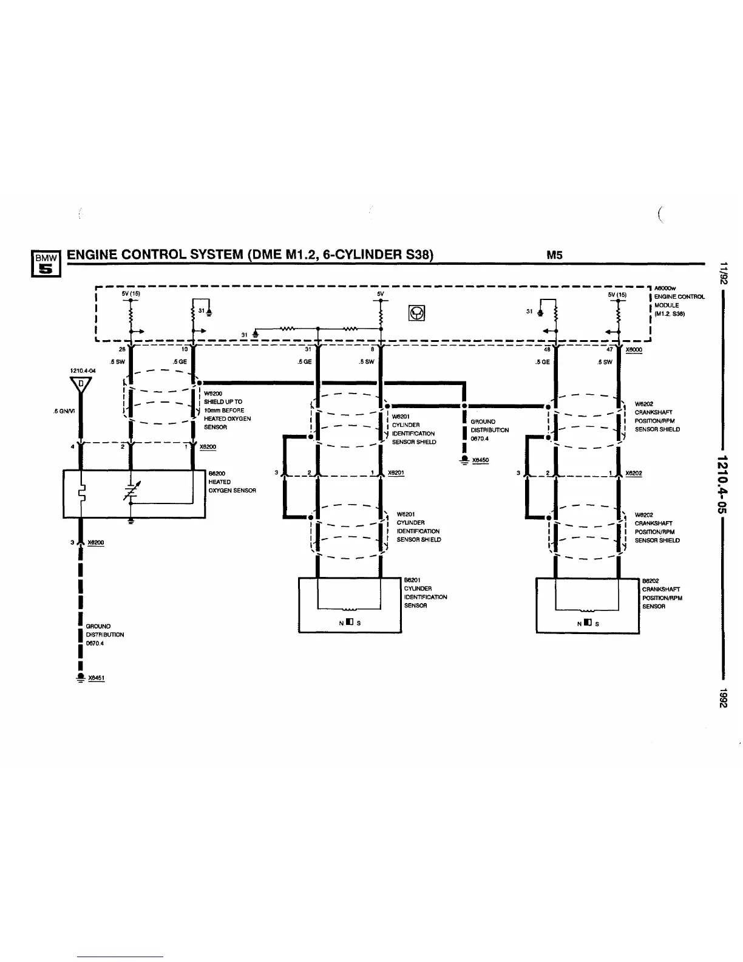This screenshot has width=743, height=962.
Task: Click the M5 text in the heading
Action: [554, 255]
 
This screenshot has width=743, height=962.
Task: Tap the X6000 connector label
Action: [634, 350]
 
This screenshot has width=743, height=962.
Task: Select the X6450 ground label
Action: [480, 460]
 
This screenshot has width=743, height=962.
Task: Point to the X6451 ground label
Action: [97, 678]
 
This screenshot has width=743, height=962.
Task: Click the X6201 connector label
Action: [396, 473]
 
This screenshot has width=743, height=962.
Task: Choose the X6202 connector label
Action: [634, 473]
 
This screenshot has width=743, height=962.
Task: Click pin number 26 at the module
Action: [121, 350]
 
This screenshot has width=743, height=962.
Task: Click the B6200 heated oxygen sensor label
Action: [232, 482]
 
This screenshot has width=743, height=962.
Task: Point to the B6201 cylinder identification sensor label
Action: [425, 593]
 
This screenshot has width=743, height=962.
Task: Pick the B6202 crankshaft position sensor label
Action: [662, 593]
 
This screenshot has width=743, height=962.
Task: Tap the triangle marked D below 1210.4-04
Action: [81, 384]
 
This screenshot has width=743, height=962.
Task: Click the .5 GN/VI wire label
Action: [64, 411]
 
